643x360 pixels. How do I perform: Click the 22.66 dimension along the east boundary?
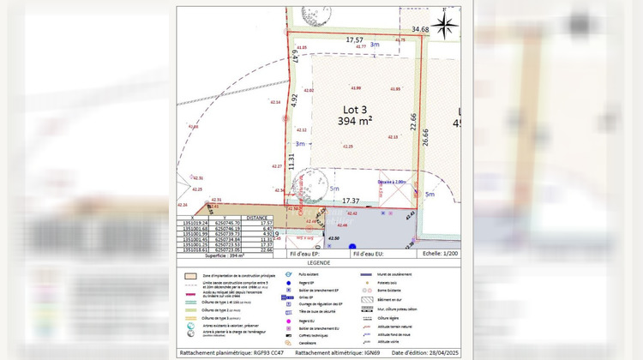(413, 123)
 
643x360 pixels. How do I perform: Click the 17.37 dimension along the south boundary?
(351, 201)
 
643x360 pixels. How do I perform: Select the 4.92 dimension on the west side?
(293, 99)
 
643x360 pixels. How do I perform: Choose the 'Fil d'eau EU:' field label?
(370, 255)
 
